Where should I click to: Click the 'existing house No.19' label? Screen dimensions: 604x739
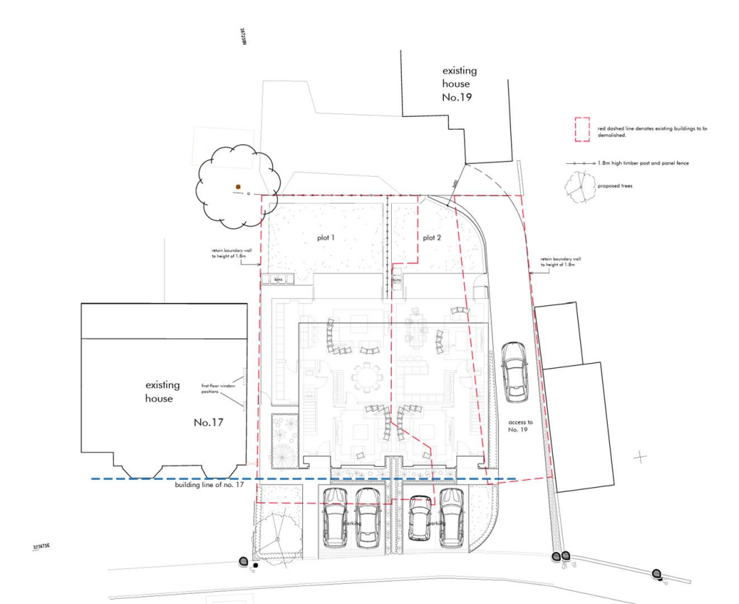(x=459, y=84)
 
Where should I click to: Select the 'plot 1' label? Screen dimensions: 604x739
(x=326, y=237)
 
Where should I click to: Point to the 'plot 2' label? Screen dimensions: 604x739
(x=432, y=237)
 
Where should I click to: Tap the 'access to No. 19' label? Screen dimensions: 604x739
(x=520, y=426)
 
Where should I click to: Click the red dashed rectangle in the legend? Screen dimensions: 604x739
(x=582, y=129)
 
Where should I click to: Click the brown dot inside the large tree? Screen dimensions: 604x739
(x=237, y=187)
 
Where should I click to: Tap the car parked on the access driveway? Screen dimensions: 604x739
(x=515, y=371)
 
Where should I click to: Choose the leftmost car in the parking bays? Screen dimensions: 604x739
(x=336, y=517)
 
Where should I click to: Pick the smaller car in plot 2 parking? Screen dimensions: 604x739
(x=420, y=519)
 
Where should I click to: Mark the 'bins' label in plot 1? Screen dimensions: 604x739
(x=277, y=279)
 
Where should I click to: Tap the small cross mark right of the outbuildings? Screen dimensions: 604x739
(x=639, y=457)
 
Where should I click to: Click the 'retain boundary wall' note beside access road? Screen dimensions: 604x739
(x=560, y=261)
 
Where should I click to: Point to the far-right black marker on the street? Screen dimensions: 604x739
(x=657, y=574)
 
